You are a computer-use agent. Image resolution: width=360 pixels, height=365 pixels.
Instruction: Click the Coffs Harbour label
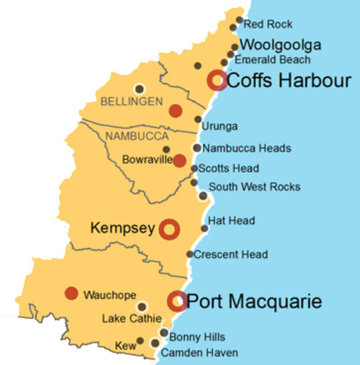click(288, 81)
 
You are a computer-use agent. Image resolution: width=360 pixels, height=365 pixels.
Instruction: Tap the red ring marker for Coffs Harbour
click(217, 80)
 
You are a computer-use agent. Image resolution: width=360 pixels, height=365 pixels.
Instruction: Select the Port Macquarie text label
click(255, 302)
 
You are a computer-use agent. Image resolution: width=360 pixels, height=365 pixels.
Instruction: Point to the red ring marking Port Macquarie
click(177, 301)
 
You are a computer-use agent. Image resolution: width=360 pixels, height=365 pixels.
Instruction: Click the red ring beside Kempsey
click(170, 229)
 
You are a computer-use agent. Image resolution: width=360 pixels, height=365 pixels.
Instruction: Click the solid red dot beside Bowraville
click(179, 160)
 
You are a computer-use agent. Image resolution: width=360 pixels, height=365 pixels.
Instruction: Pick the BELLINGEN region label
click(131, 101)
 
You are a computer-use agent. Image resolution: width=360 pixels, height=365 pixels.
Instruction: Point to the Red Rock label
click(268, 25)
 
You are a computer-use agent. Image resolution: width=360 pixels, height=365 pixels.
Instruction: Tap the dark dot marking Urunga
click(198, 120)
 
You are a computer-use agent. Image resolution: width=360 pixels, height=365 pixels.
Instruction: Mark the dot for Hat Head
click(204, 229)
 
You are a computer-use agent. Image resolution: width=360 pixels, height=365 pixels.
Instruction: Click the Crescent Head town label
click(231, 254)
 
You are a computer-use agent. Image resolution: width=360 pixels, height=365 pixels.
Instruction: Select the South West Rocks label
click(254, 187)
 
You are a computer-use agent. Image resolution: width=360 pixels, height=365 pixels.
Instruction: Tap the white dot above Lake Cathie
click(141, 307)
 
